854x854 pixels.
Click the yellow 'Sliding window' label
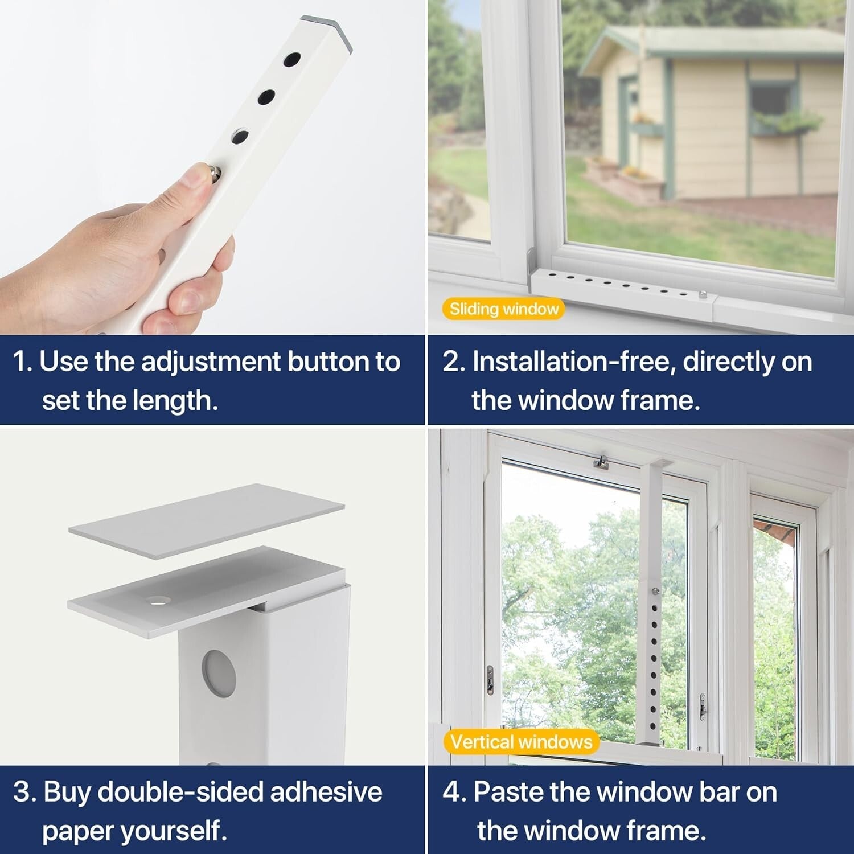pos(503,309)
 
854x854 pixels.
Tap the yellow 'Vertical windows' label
pos(521,742)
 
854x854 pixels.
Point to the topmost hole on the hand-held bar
pos(292,60)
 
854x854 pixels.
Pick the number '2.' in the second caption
pos(454,362)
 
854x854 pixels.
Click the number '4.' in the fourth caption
pos(454,793)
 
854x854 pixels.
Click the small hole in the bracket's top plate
pos(158,600)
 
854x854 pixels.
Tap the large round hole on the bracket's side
pos(218,673)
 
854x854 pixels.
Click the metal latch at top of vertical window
pos(601,462)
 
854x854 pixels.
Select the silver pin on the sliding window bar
pos(703,294)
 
